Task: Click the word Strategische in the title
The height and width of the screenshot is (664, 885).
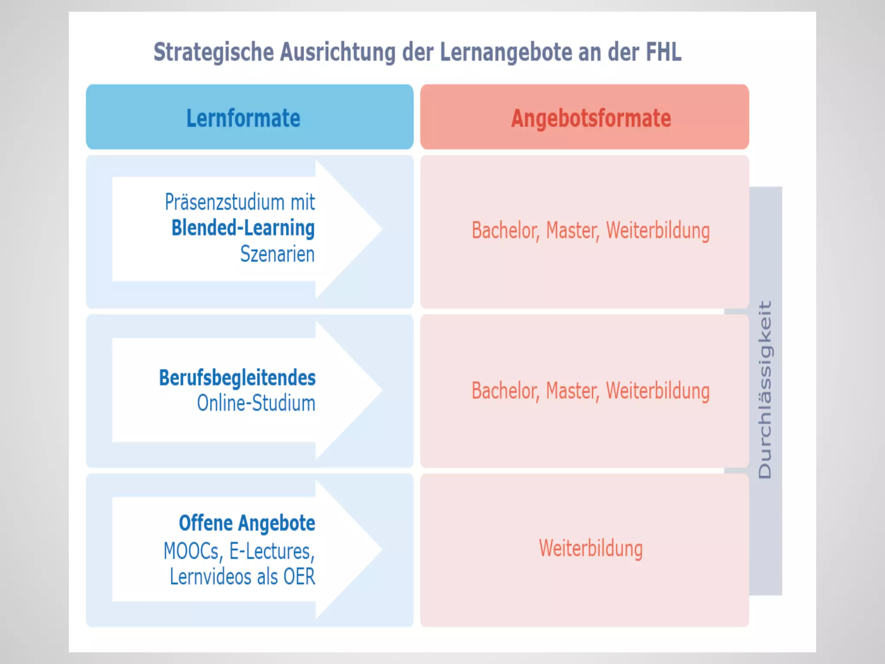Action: click(214, 52)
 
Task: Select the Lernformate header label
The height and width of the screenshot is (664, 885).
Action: click(243, 118)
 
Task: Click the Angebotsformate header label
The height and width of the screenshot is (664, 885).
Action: click(591, 118)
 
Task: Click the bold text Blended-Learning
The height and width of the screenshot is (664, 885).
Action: click(243, 228)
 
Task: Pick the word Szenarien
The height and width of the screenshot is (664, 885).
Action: click(277, 254)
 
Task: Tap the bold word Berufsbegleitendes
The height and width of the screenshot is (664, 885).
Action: click(237, 378)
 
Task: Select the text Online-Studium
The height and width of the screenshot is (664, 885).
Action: click(256, 403)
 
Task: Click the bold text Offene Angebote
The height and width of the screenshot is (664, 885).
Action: click(247, 523)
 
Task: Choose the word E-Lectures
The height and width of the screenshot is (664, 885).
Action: click(271, 551)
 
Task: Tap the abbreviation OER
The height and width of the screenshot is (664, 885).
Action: click(299, 577)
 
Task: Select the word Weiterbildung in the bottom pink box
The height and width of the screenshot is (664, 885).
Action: click(591, 549)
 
